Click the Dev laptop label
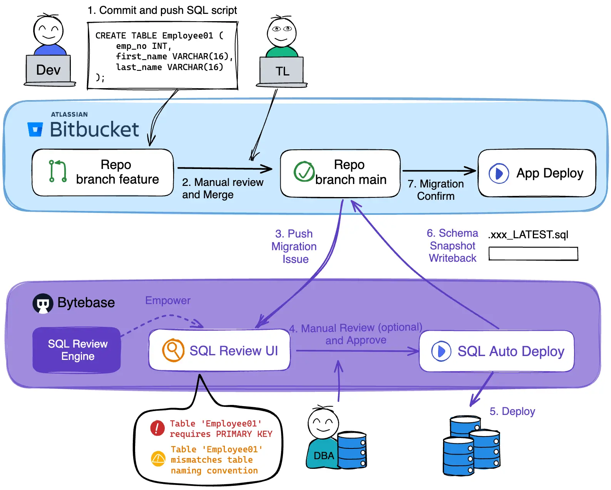[48, 70]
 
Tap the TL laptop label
[282, 72]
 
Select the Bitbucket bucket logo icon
[35, 129]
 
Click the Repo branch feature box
[103, 172]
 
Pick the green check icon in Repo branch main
[304, 172]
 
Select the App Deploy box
[537, 173]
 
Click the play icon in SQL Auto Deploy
[441, 351]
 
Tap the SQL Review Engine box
[77, 350]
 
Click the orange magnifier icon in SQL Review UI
[173, 350]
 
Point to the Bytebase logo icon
[43, 303]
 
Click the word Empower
[167, 301]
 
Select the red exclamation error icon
[157, 428]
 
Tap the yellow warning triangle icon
[158, 458]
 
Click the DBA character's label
[323, 456]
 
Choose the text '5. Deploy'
[512, 411]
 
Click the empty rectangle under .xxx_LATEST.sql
[533, 254]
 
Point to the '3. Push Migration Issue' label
[294, 246]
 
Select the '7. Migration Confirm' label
[436, 190]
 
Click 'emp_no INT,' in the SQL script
[144, 46]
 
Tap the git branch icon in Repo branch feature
[58, 171]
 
